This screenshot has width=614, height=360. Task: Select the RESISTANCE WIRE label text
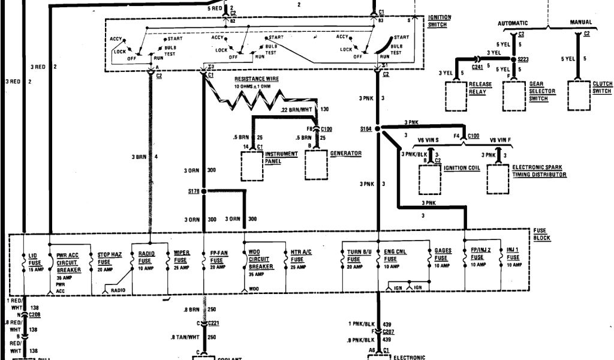pyautogui.click(x=257, y=79)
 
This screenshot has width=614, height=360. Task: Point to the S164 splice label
pyautogui.click(x=366, y=129)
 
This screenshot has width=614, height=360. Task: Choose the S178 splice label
pyautogui.click(x=192, y=191)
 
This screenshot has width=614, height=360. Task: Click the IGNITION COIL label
pyautogui.click(x=462, y=168)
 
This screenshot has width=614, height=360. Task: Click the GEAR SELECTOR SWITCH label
pyautogui.click(x=542, y=91)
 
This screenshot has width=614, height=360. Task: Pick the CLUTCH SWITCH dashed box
pyautogui.click(x=580, y=94)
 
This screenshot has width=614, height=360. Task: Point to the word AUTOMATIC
pyautogui.click(x=516, y=23)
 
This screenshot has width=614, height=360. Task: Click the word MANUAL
pyautogui.click(x=580, y=23)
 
